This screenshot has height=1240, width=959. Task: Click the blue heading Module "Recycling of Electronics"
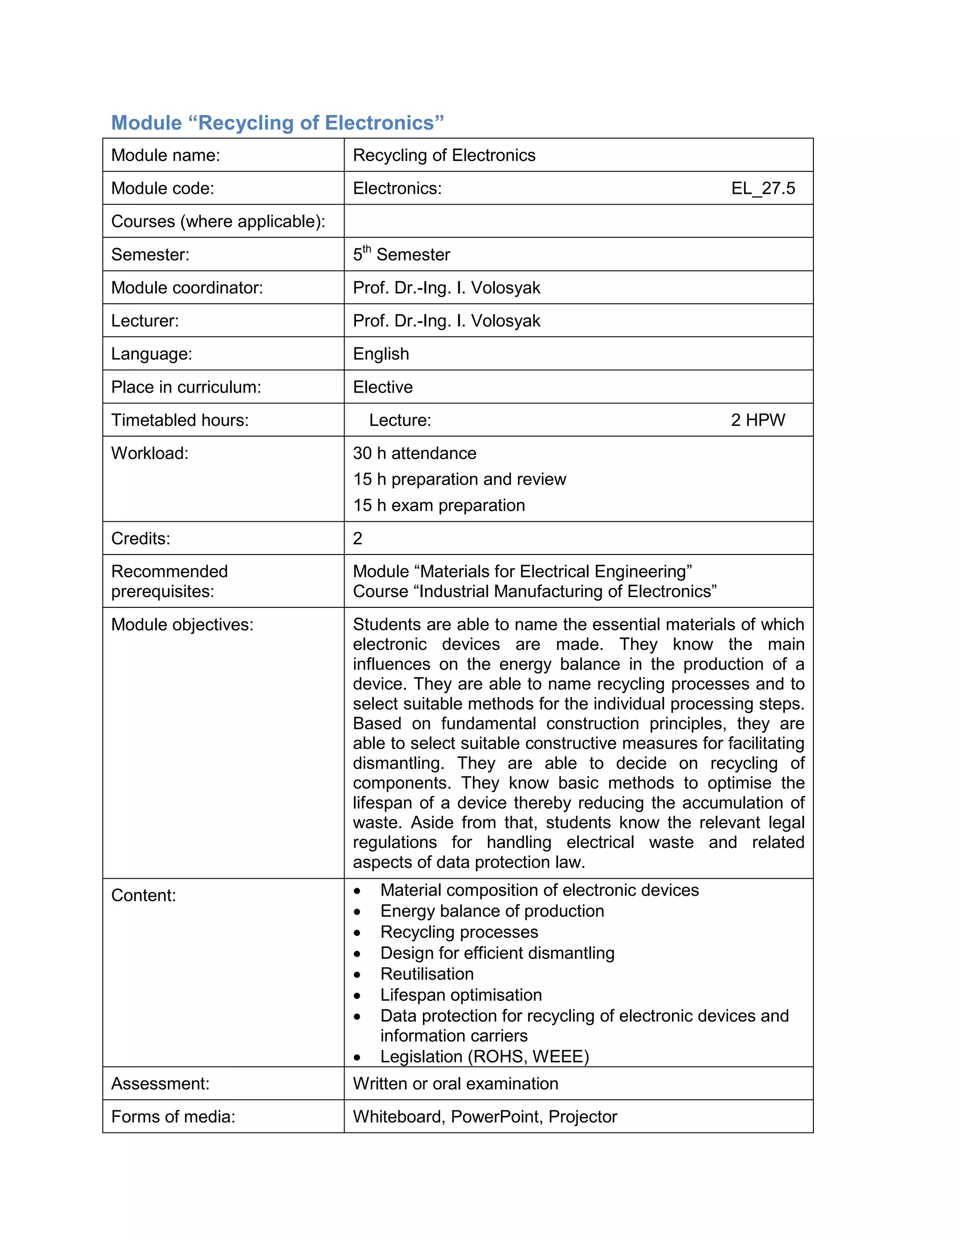tap(277, 123)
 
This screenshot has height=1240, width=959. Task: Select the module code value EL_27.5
tap(763, 188)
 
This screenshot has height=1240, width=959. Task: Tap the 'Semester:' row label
tap(150, 255)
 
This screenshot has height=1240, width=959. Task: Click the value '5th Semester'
tap(401, 254)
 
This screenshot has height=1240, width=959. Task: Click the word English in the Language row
tap(381, 354)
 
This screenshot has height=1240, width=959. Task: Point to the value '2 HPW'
tap(758, 420)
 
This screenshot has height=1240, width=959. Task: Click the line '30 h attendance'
tap(414, 453)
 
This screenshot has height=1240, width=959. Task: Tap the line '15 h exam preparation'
tap(439, 505)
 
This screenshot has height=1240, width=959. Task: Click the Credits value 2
tap(357, 538)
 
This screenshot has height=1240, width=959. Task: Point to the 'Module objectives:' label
tap(182, 625)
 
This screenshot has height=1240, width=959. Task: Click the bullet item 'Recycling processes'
tap(459, 932)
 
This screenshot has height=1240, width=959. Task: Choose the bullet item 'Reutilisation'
tap(427, 974)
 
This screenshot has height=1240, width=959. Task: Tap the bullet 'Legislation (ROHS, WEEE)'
tap(484, 1057)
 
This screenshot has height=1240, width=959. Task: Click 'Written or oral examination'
tap(455, 1083)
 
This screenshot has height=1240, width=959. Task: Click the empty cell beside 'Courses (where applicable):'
tap(578, 221)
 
